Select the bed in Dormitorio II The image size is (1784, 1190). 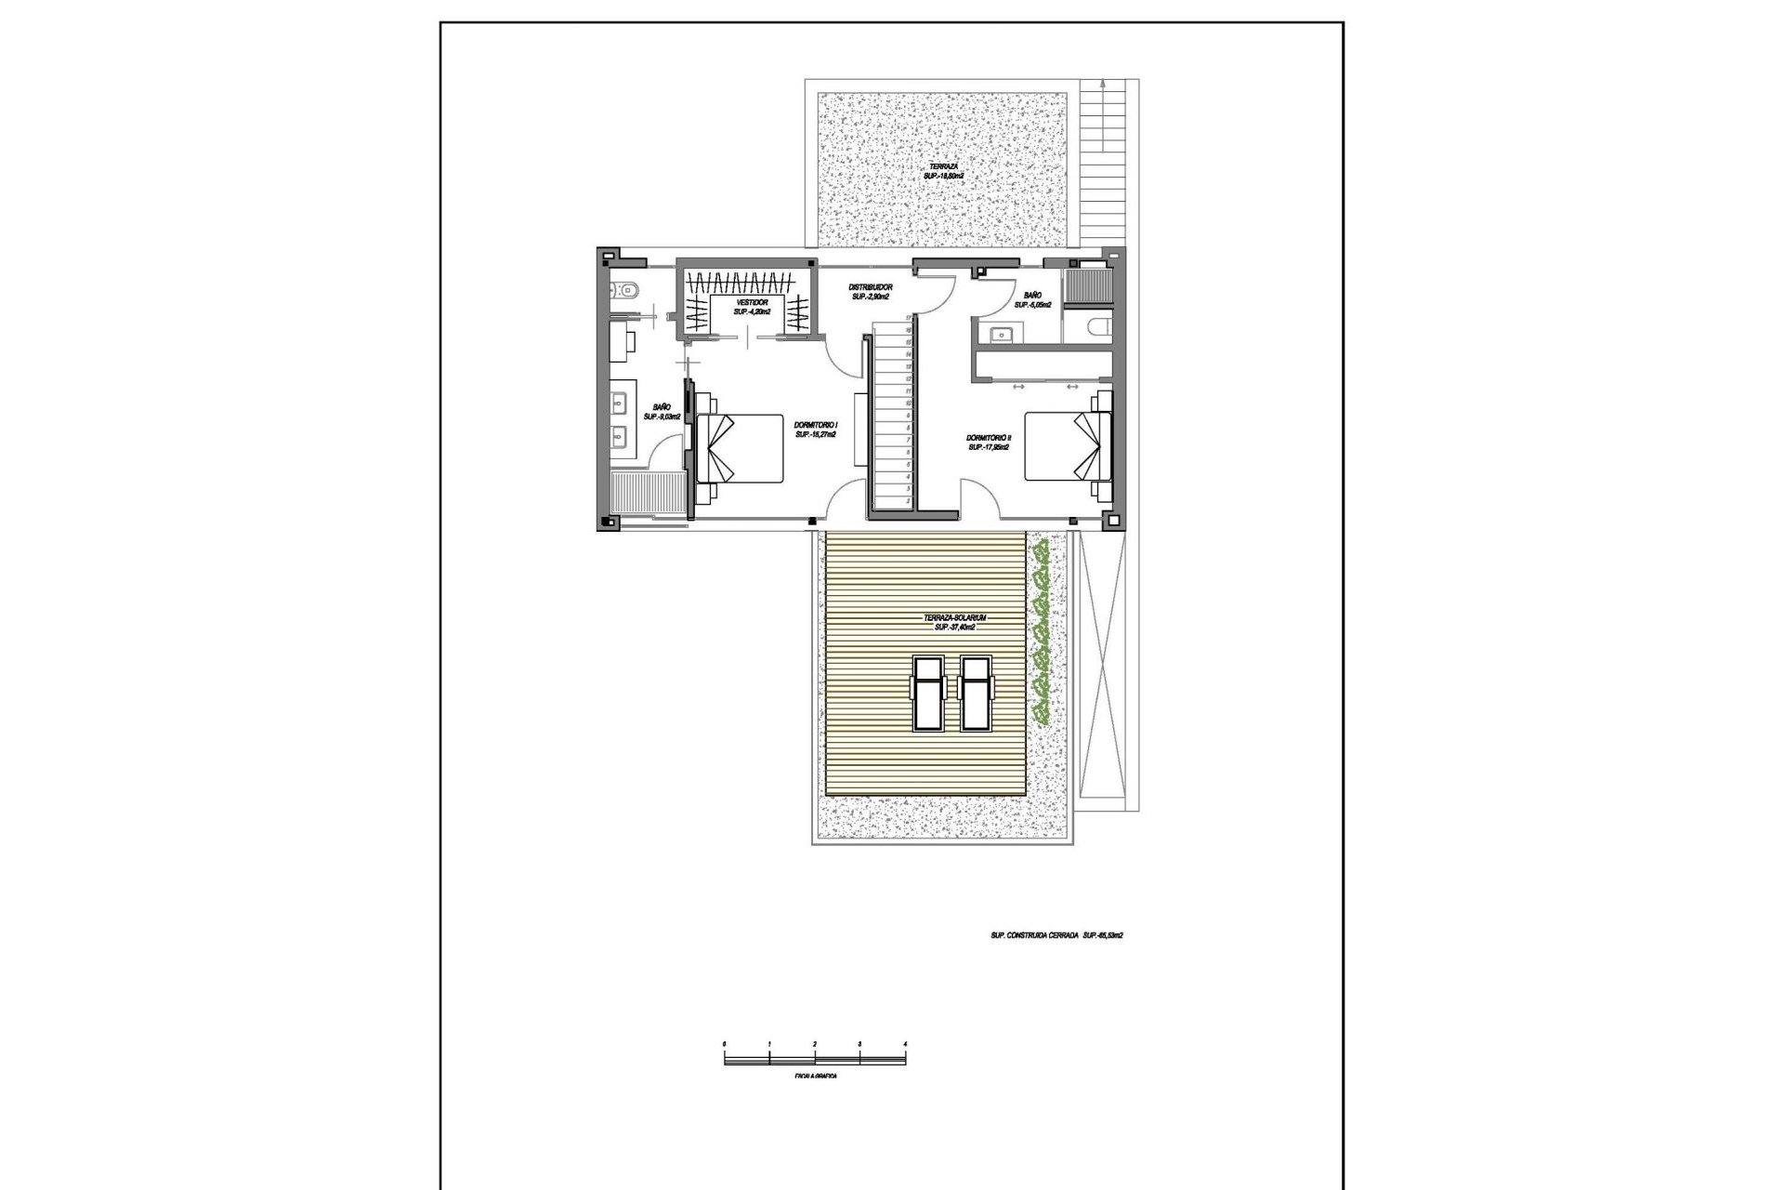[x=1069, y=445]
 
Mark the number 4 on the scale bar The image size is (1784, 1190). [x=904, y=1045]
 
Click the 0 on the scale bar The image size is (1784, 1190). [x=724, y=1045]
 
